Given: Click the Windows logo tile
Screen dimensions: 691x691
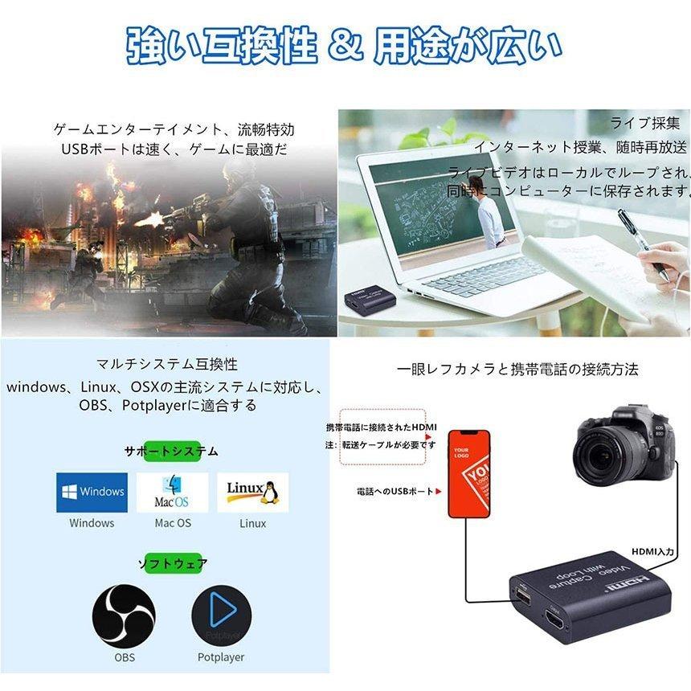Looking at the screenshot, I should (92, 492).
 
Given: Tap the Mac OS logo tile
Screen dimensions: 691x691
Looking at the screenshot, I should (172, 492).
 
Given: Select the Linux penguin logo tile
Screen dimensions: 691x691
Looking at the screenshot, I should (252, 492).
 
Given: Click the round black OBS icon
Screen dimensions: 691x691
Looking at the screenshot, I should (124, 615).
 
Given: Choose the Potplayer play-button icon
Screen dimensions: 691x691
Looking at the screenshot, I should (221, 615).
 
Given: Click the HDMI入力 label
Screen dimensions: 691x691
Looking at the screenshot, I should (653, 551).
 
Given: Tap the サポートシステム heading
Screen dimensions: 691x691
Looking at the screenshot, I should (171, 452).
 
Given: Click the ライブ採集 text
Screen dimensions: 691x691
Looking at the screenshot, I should (644, 123).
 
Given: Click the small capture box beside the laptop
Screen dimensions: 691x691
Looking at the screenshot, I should (370, 300).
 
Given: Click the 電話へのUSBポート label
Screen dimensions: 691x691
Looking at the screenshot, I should (395, 491).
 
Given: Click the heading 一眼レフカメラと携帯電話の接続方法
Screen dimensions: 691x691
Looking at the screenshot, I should (517, 370).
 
